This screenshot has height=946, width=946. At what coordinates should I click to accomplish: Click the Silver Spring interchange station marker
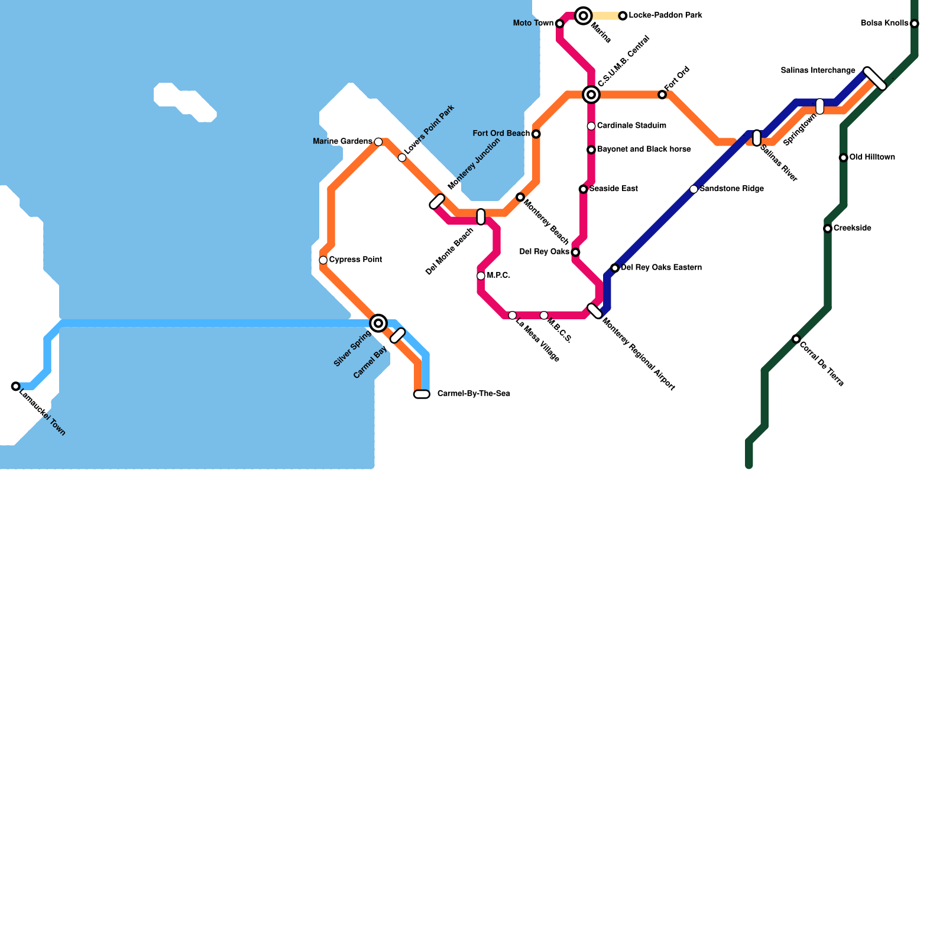[x=378, y=323]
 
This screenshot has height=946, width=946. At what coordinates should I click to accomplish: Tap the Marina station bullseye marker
[x=584, y=16]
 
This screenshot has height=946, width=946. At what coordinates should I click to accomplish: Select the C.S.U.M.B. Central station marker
[x=591, y=95]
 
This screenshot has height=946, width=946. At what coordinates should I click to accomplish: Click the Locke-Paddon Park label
[x=665, y=15]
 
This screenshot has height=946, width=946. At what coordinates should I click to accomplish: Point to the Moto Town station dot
[x=560, y=24]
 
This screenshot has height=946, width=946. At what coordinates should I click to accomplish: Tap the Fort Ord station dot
[x=662, y=95]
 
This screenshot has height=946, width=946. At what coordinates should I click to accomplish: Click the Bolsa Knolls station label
[x=885, y=24]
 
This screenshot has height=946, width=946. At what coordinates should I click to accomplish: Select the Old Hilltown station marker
[x=844, y=158]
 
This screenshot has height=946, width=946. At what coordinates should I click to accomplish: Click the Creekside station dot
[x=828, y=229]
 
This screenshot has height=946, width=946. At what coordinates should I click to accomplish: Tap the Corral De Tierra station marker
[x=796, y=339]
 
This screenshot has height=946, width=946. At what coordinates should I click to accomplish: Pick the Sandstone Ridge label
[x=731, y=189]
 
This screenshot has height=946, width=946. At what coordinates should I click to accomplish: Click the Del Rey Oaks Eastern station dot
[x=615, y=268]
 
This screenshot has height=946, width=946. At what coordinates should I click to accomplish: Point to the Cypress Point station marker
[x=323, y=260]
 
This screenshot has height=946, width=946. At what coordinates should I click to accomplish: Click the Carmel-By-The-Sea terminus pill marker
[x=422, y=394]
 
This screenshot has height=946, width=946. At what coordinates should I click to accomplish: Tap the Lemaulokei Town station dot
[x=16, y=387]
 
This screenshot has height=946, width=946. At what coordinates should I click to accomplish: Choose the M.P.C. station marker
[x=481, y=276]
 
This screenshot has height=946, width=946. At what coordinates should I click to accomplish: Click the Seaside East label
[x=613, y=189]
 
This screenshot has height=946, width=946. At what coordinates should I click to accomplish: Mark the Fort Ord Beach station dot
[x=536, y=134]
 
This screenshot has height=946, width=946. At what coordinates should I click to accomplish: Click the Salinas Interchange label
[x=818, y=71]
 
